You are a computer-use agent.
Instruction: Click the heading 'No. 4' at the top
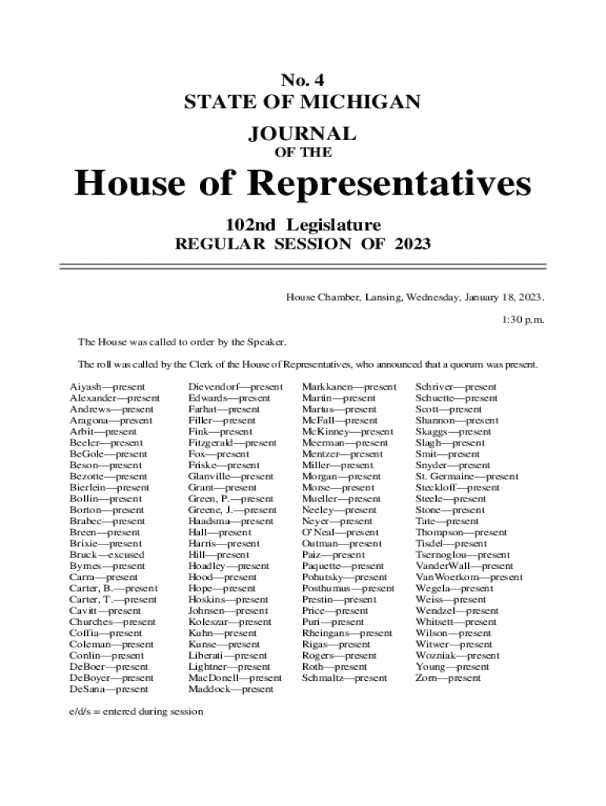coord(302,79)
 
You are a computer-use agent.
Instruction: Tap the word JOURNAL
coord(302,133)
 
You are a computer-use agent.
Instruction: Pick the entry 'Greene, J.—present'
coord(232,510)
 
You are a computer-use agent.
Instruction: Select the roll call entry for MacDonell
coord(235,678)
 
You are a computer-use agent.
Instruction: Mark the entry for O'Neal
coord(341,533)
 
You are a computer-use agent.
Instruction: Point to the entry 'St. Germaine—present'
coord(467,477)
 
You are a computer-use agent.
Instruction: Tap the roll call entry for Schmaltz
coord(345,678)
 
